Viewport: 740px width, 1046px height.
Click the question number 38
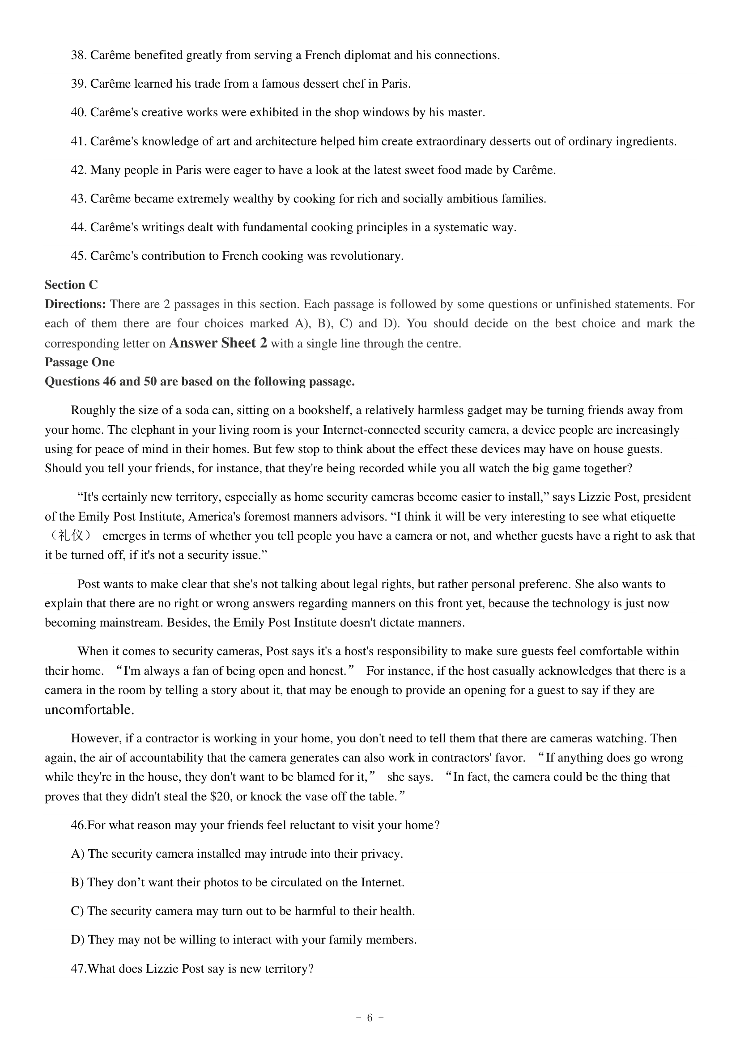click(78, 55)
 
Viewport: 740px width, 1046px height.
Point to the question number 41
click(78, 142)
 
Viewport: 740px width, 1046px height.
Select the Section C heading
click(71, 285)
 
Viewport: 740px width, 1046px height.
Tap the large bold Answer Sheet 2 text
click(218, 343)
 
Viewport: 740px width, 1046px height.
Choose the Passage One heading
click(79, 362)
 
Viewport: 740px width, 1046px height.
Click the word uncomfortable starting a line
click(89, 710)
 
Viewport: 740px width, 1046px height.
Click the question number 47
click(78, 969)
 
